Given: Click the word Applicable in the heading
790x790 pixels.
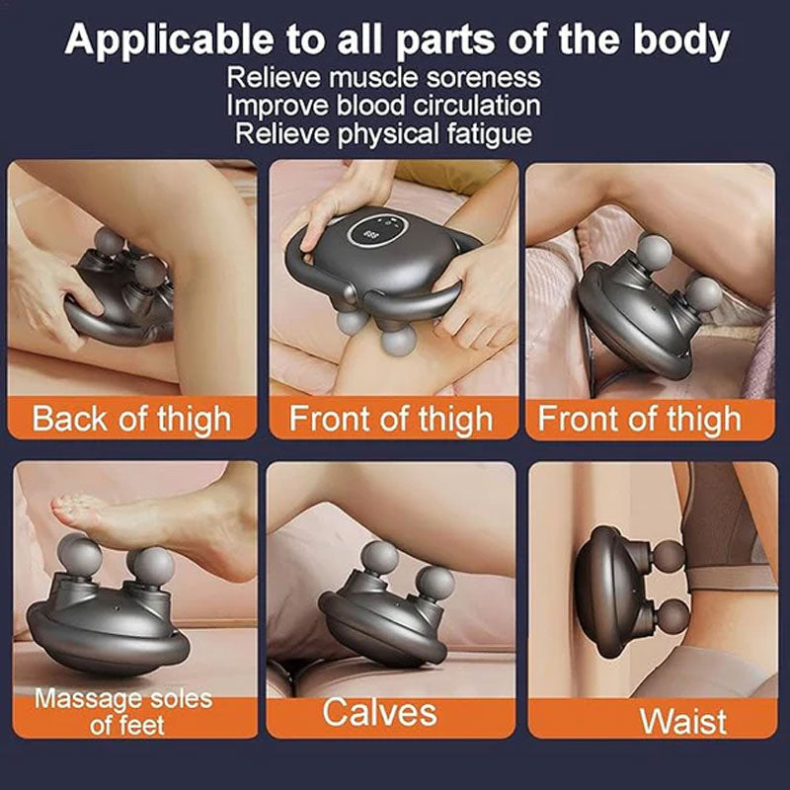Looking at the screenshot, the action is click(x=169, y=40).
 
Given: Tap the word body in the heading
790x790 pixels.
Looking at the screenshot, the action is click(x=681, y=40).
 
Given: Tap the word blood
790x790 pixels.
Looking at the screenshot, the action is click(x=370, y=106).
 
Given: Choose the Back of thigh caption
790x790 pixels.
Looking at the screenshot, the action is click(x=131, y=419).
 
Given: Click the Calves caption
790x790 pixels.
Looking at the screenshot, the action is click(x=380, y=712).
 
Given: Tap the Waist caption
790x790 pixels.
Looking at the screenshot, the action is click(x=683, y=722).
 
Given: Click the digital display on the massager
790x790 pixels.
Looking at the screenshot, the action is click(x=372, y=234).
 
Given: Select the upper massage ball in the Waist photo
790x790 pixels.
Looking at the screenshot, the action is click(x=667, y=557).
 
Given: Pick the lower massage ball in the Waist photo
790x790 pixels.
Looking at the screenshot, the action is click(x=671, y=618).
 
